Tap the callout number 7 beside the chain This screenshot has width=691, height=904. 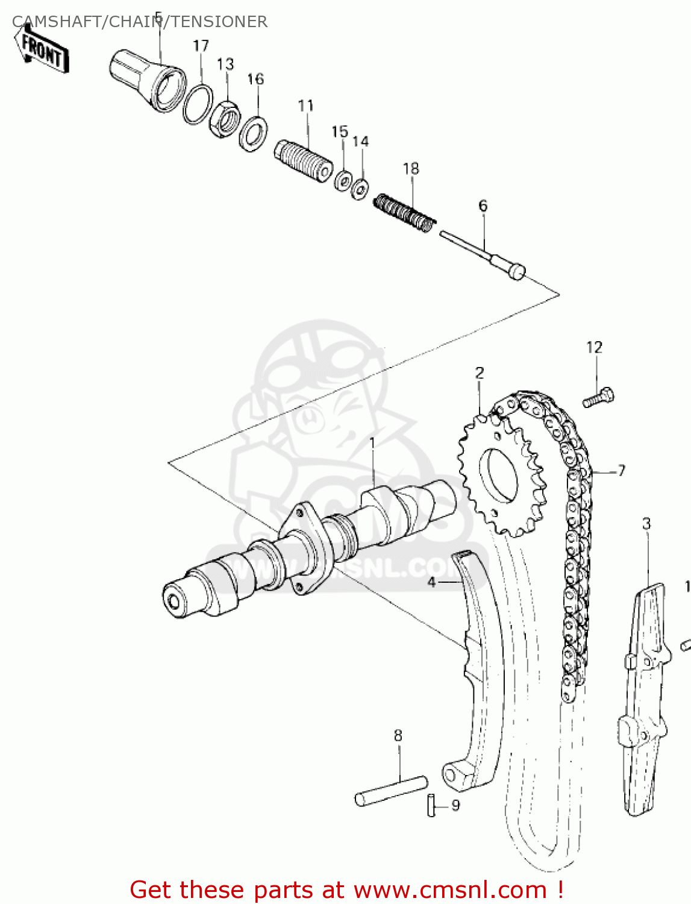[x=621, y=471]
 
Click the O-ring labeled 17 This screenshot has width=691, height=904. [x=198, y=104]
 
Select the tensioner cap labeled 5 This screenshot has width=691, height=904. [x=148, y=81]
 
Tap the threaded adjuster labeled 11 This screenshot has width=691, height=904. [x=304, y=160]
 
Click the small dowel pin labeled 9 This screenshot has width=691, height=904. [x=431, y=805]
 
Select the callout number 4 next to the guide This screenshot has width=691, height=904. [x=431, y=582]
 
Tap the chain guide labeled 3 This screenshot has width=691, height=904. [x=644, y=699]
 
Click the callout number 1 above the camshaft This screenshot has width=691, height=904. [x=372, y=444]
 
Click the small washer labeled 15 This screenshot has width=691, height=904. [x=343, y=180]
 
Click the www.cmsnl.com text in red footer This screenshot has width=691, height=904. [x=449, y=890]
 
